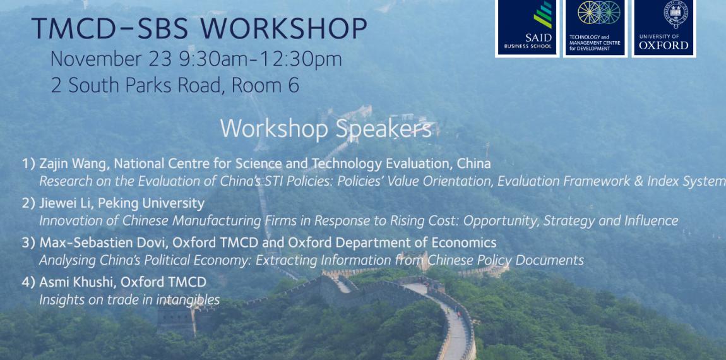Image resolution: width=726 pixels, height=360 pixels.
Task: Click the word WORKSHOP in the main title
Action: point(283,28)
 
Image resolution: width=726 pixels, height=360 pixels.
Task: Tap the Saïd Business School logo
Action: point(527,28)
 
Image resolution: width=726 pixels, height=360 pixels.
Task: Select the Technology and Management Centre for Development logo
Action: point(595,28)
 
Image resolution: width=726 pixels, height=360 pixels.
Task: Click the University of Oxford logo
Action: point(664,28)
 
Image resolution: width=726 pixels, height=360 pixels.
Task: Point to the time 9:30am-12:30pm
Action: point(265,59)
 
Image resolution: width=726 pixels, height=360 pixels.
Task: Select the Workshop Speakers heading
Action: point(326,128)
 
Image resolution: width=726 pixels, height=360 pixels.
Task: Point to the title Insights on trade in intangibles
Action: point(129,300)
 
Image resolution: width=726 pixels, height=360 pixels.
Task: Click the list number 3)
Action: point(28,243)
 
